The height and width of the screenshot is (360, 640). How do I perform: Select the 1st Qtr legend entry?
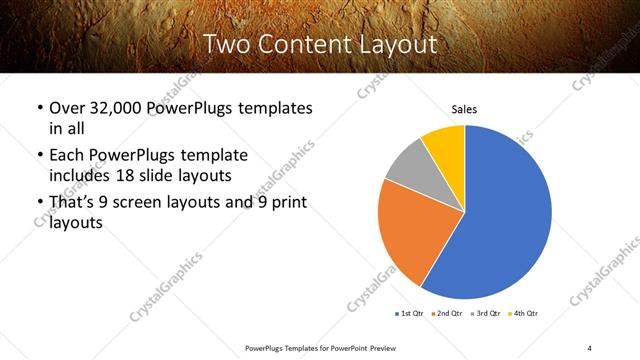coord(410,314)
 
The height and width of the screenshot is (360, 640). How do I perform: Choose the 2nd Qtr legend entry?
coord(445,314)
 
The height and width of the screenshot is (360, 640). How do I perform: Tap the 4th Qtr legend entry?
coord(524,314)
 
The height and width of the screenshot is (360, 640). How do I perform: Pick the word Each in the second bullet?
coord(69,156)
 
